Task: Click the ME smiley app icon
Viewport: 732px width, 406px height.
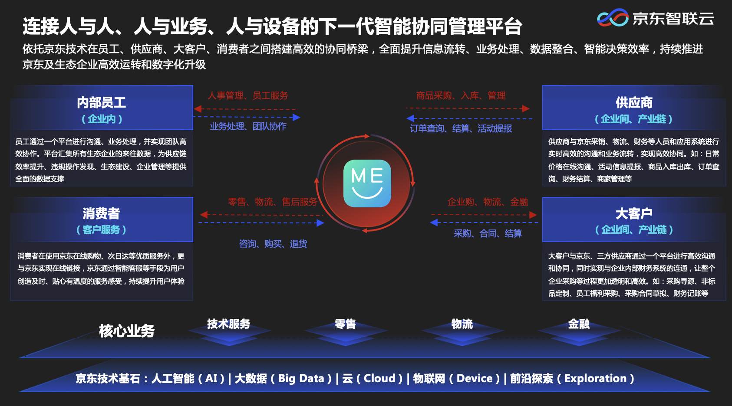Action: click(x=367, y=183)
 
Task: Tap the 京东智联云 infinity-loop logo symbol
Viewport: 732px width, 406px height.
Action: click(x=613, y=17)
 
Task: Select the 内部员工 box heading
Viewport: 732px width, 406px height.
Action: click(x=101, y=102)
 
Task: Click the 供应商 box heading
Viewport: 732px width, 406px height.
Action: click(x=634, y=102)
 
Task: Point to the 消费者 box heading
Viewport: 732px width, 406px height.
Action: click(x=101, y=213)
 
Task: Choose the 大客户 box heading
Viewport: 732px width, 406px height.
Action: click(x=634, y=213)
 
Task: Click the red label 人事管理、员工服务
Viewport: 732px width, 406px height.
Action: click(x=248, y=95)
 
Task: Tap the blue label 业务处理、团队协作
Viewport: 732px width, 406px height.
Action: click(x=248, y=126)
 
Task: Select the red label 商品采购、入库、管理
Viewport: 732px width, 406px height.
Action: click(x=461, y=95)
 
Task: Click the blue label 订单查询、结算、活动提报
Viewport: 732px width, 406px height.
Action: click(x=461, y=128)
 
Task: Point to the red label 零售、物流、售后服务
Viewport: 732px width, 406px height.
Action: click(x=273, y=202)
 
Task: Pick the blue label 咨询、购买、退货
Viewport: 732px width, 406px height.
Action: click(x=273, y=244)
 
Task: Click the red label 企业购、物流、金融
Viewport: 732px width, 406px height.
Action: click(x=488, y=202)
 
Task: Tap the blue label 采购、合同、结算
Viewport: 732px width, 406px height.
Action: click(x=488, y=233)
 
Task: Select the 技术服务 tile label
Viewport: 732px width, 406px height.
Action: click(x=229, y=324)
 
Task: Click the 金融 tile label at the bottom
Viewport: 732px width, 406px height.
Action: click(x=579, y=324)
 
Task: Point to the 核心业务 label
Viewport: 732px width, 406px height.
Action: click(x=127, y=331)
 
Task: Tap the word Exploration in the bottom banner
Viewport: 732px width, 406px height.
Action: click(x=595, y=378)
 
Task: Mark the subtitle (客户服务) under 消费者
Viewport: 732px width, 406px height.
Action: click(x=101, y=229)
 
